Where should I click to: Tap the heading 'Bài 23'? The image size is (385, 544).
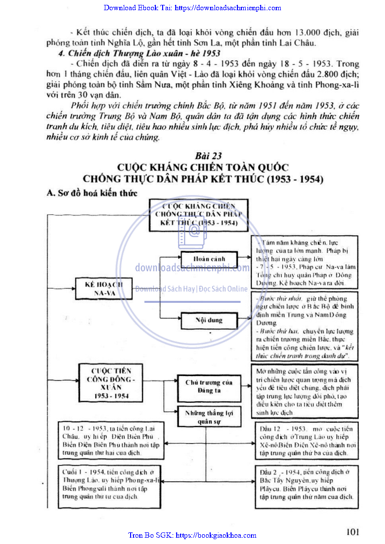[x=208, y=156]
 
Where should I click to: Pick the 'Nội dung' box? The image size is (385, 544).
[x=208, y=321]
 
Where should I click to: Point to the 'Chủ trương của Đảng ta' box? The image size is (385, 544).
[x=209, y=386]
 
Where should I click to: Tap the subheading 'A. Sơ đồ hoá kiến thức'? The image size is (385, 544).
[x=92, y=193]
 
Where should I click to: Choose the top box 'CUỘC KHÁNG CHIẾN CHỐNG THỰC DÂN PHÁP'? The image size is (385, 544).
[x=199, y=214]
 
